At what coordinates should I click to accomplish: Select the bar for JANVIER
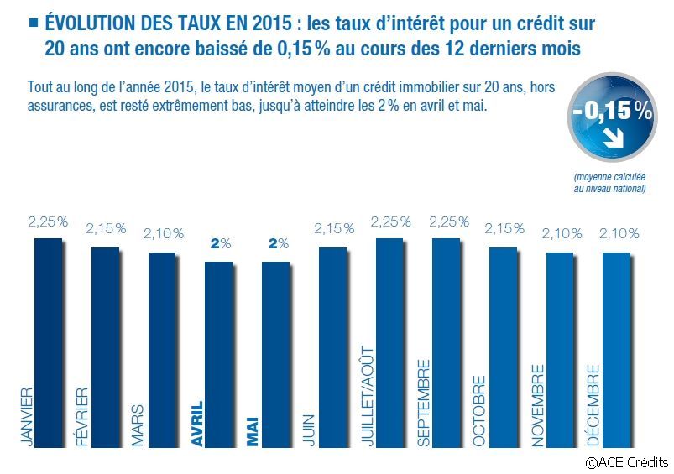pos(48,336)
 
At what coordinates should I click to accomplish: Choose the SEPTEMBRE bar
pos(446,336)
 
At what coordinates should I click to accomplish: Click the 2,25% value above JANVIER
pos(47,222)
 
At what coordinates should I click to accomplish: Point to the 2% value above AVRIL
pos(219,244)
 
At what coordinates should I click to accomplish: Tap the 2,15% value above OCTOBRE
pos(504,229)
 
